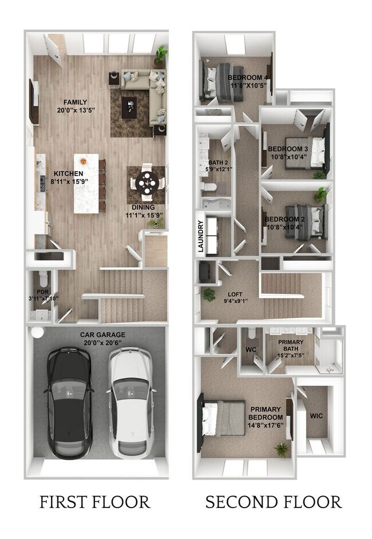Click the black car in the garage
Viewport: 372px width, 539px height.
point(68,403)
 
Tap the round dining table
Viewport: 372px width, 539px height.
point(146,184)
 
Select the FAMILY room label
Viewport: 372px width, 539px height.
point(72,102)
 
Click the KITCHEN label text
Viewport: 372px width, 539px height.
point(69,173)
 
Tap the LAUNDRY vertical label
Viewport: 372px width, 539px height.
point(201,236)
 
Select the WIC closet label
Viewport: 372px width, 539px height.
point(316,415)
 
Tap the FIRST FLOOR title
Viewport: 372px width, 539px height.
point(95,502)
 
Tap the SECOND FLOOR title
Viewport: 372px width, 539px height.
point(273,502)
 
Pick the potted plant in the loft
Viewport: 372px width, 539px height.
point(209,294)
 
